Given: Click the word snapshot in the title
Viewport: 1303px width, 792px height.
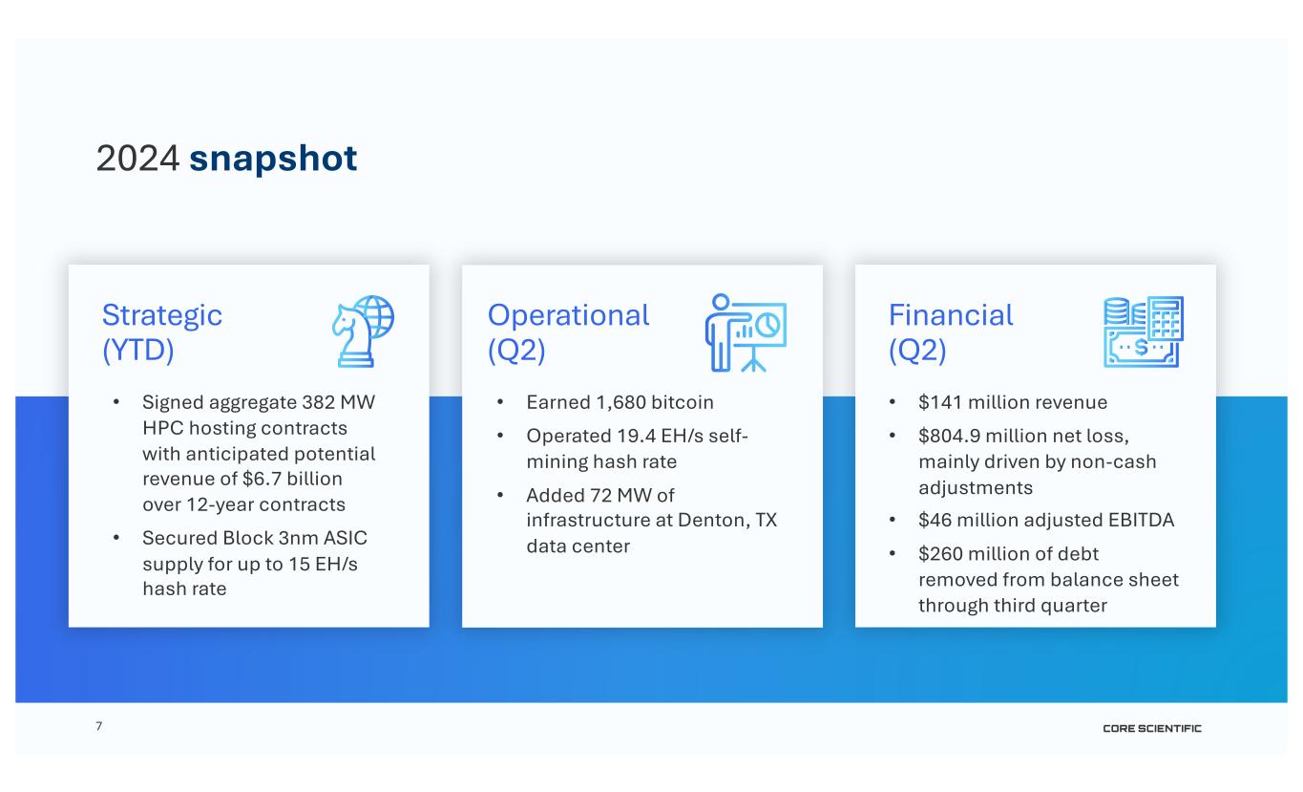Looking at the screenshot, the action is (x=273, y=159).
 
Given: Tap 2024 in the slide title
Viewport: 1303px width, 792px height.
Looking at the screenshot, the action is (x=137, y=159).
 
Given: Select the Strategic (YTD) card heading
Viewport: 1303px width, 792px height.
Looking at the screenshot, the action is (x=161, y=332).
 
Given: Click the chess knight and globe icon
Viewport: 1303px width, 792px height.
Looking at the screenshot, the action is (x=363, y=332).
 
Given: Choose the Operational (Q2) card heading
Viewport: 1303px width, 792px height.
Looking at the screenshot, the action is (x=568, y=332).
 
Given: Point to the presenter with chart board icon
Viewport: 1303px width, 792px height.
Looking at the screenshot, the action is (x=746, y=332).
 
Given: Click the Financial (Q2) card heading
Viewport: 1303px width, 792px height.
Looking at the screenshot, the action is (x=951, y=332).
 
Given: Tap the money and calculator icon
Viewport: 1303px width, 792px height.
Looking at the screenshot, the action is (x=1144, y=332).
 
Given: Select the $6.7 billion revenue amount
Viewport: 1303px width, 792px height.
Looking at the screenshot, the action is (x=292, y=479).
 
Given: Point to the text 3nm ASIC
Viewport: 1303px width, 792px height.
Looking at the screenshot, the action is (x=323, y=538).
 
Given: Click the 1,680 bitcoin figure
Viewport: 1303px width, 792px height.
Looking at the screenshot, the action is (x=655, y=402).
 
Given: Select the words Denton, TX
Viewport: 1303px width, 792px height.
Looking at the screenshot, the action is (x=727, y=520).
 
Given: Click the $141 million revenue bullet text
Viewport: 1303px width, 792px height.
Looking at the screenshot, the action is (x=1013, y=402).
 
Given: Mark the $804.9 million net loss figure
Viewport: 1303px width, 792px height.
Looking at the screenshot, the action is (x=1023, y=436).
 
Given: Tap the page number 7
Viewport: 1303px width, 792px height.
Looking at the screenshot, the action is (x=99, y=726).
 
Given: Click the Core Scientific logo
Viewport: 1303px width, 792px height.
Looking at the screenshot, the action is (x=1152, y=729).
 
